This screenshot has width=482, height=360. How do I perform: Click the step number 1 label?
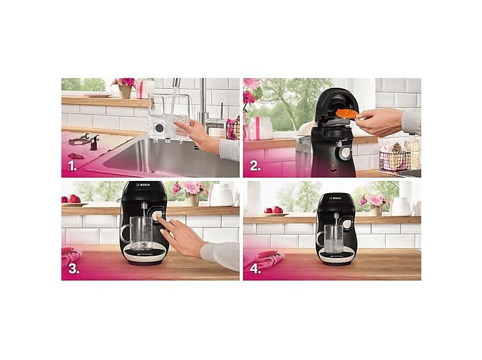pos(72,165)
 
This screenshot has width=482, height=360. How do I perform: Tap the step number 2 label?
pos(254,165)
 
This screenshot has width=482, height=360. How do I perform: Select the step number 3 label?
pos(74,268)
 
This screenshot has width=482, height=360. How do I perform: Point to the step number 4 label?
pos(254,268)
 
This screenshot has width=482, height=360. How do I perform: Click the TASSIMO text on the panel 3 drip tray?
pos(143,253)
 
